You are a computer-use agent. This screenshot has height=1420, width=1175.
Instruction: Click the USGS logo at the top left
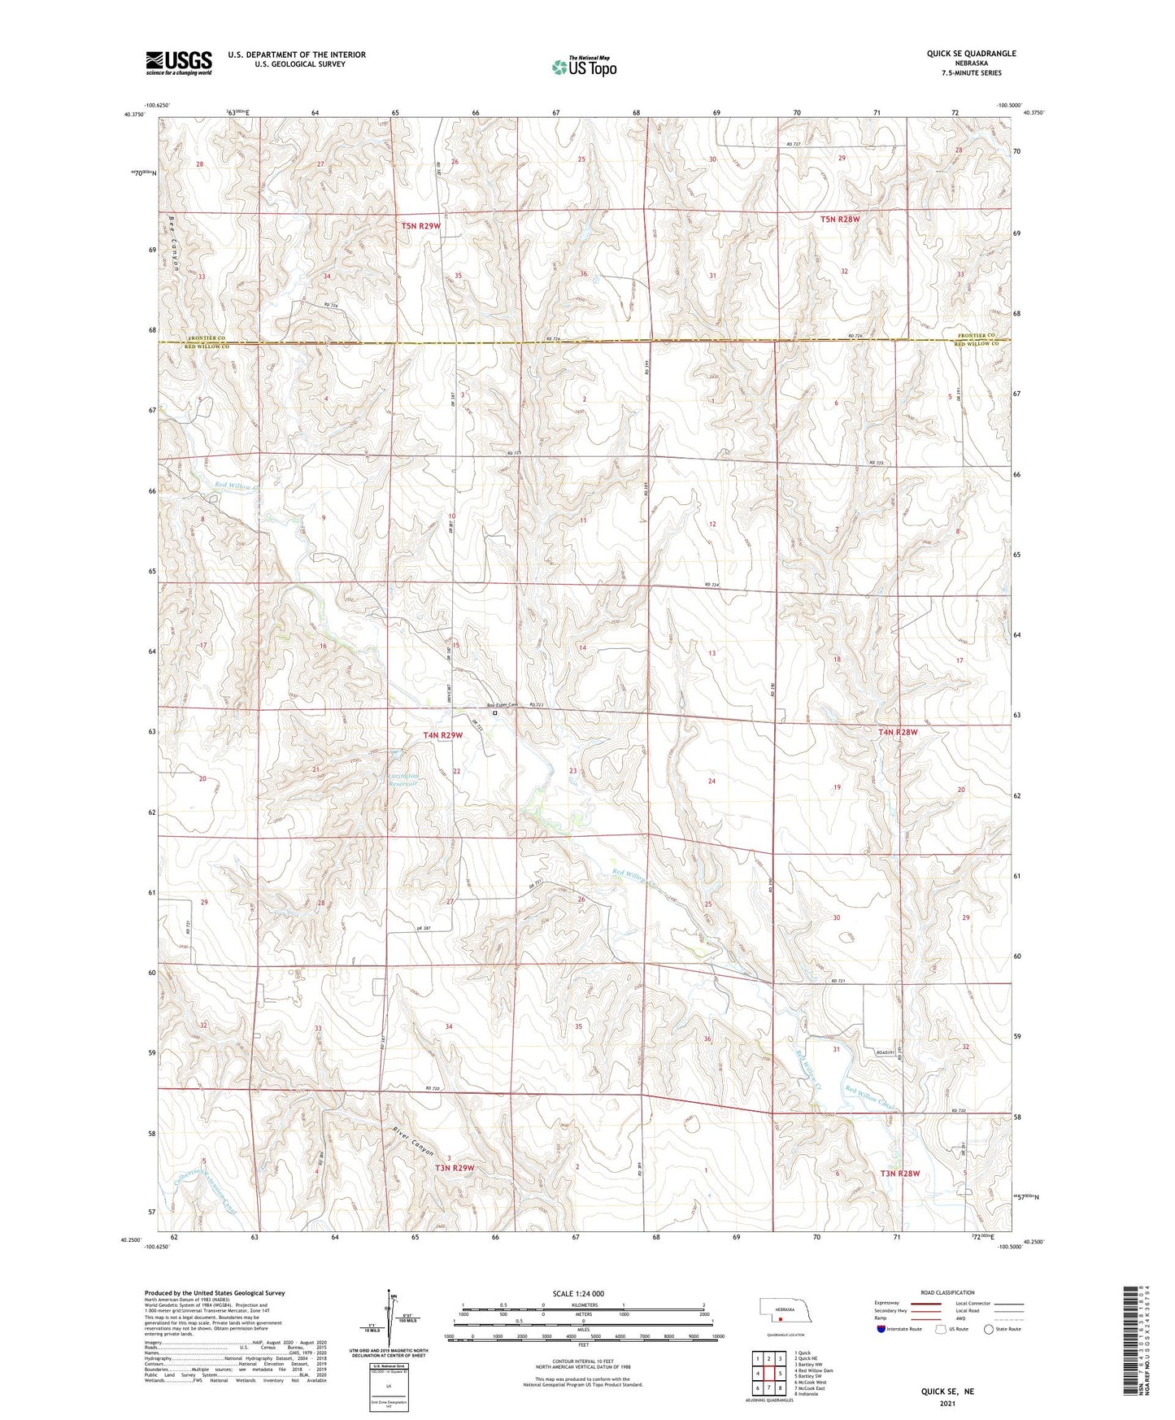click(x=179, y=63)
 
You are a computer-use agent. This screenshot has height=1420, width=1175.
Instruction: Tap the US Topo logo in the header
click(x=584, y=67)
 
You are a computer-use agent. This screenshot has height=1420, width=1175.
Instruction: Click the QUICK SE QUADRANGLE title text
click(x=971, y=54)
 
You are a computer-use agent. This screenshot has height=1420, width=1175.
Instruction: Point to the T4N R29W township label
click(x=442, y=735)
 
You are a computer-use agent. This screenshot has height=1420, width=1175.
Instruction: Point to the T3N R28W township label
click(x=900, y=1174)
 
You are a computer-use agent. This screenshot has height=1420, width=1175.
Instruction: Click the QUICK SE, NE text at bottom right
click(x=947, y=1392)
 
